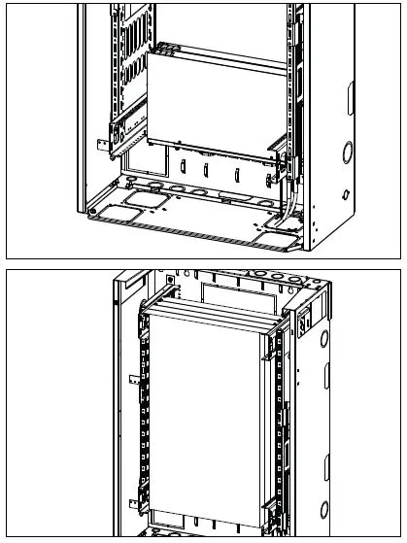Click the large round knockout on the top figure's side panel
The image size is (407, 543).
coord(346,152)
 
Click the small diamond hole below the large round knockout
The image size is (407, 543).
coord(346,194)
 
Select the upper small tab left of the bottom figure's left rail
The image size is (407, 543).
coord(130,375)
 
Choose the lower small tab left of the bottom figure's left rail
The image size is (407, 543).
coord(130,501)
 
